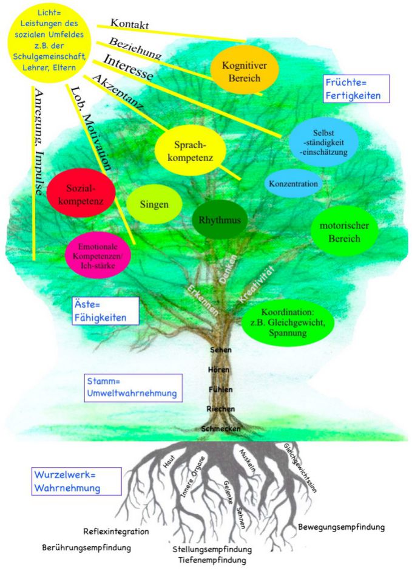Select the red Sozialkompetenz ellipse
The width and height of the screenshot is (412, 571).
tap(81, 193)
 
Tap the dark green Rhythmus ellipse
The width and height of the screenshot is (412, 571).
tap(217, 221)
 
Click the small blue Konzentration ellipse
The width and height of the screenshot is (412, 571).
tap(293, 183)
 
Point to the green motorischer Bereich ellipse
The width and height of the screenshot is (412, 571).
tap(344, 232)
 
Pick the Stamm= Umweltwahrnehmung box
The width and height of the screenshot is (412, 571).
tap(132, 388)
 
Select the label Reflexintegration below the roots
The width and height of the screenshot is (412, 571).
tap(116, 532)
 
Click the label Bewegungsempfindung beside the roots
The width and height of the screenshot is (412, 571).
tap(342, 526)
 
